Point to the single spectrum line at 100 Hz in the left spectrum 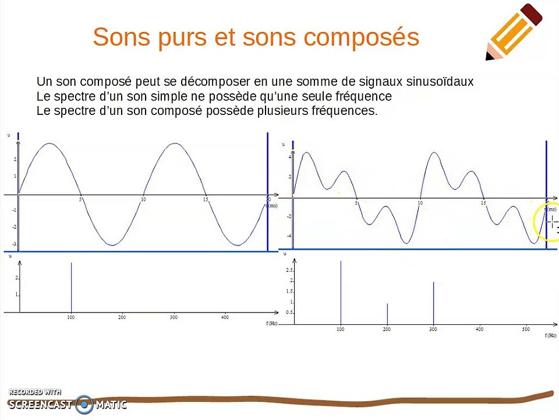[71, 288]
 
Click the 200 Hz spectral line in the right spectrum [387, 314]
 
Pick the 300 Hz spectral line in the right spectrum [433, 303]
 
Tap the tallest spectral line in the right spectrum [341, 292]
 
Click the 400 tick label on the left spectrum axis [225, 317]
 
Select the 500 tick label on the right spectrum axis [526, 330]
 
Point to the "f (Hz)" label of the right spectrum [551, 336]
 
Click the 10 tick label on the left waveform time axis [143, 200]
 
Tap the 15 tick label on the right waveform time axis [483, 203]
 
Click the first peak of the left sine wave [50, 144]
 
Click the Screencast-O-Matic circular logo [85, 404]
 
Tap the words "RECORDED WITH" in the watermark [35, 392]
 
